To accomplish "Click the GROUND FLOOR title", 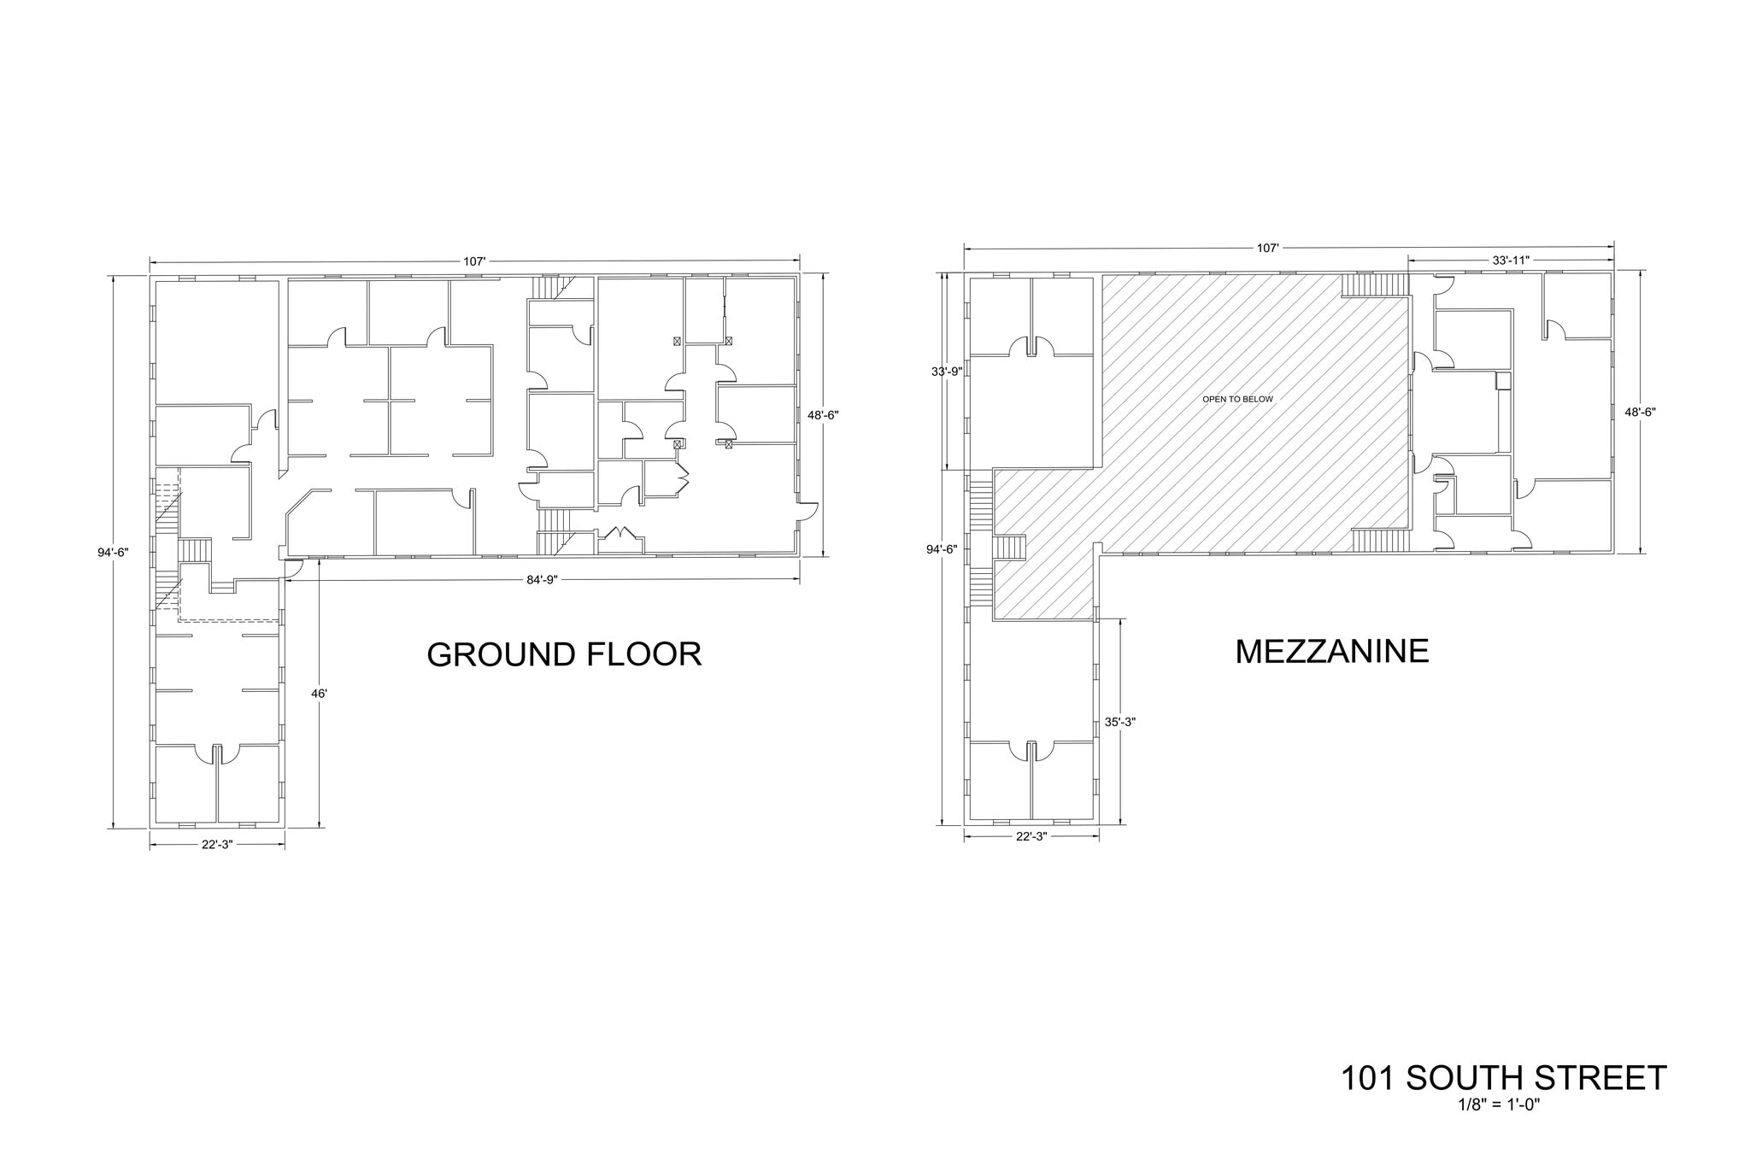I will [564, 654].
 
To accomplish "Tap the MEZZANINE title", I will [1331, 651].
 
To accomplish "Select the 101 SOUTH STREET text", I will [1503, 1078].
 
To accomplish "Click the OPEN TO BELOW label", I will [1237, 399].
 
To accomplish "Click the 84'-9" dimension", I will [542, 580].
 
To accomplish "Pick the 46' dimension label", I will [319, 694].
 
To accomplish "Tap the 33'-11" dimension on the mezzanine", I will [1510, 261].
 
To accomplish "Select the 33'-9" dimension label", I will [947, 372].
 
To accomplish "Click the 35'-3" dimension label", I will [1119, 722].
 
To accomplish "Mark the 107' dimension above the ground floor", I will [474, 261].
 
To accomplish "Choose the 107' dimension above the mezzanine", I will [1267, 248].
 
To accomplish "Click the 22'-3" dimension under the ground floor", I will [217, 844].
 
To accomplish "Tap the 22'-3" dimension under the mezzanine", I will [1031, 836].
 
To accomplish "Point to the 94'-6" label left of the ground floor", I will [113, 552].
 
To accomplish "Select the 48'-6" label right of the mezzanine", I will [1640, 412].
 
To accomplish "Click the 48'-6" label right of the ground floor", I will [824, 415].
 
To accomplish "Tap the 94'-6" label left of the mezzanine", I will [943, 549].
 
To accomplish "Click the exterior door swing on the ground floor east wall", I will [807, 512].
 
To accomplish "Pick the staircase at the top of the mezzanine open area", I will [1374, 284].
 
